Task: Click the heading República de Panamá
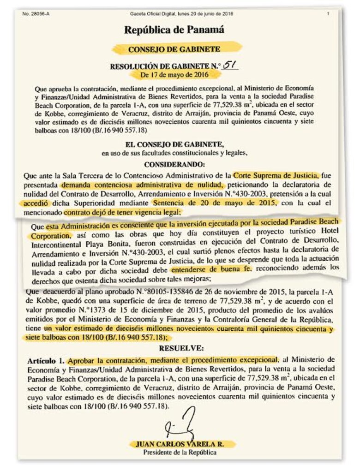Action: [174, 30]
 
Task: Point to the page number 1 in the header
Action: [328, 14]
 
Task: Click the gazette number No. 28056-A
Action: [36, 14]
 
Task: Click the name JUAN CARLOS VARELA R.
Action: [180, 444]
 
